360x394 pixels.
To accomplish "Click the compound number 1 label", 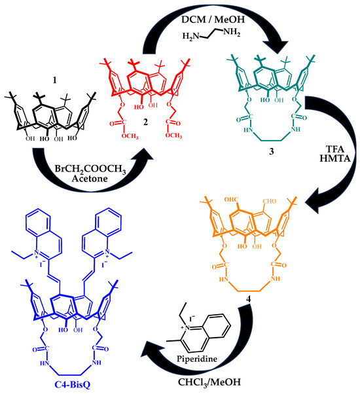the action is [54, 81].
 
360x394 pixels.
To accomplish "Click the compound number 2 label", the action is [145, 122].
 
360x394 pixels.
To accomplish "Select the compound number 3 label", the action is [271, 152].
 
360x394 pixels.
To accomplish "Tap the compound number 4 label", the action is [248, 299].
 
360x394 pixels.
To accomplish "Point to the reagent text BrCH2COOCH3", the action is [90, 169].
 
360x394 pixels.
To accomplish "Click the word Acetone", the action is [90, 179].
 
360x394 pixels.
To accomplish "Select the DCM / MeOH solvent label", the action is [213, 20].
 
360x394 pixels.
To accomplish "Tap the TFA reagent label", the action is [335, 149].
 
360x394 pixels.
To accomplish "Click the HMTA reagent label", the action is [335, 158].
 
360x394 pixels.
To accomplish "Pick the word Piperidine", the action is [197, 358].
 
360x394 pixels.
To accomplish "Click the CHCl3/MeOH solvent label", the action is [209, 382].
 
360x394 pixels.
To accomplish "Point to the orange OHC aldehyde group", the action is [231, 200].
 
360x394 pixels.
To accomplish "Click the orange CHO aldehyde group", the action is [269, 201].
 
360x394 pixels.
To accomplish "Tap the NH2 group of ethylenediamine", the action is [232, 33].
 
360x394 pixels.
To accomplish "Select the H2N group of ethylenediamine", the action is [190, 37].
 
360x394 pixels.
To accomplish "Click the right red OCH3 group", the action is [173, 135].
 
